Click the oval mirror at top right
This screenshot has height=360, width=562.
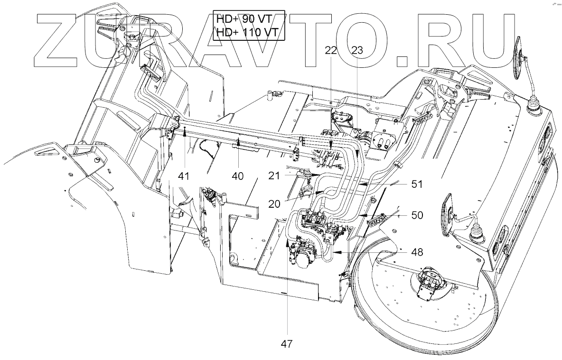(519, 60)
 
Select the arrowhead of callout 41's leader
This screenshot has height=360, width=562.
(184, 133)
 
